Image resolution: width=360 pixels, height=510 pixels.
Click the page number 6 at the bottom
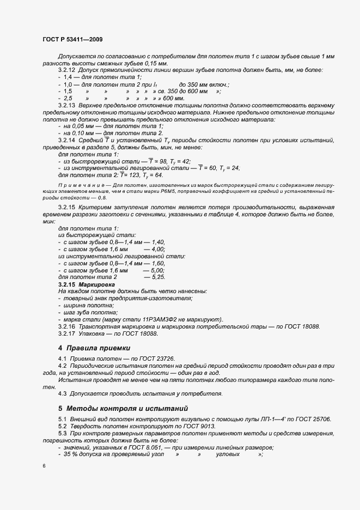[x=44, y=466]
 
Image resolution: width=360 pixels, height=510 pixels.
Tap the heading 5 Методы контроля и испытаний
[x=124, y=408]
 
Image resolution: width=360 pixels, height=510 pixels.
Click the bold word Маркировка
[x=97, y=284]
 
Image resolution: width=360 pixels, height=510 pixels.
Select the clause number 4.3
[x=62, y=393]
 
